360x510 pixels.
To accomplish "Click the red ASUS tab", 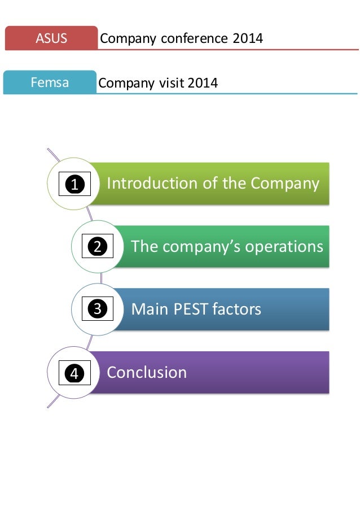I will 51,38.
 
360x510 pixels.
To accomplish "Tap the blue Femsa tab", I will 50,83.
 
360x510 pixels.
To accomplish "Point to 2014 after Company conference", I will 248,38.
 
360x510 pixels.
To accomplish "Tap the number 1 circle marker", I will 74,184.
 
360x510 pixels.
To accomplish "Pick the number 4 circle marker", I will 74,373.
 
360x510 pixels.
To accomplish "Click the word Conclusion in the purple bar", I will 147,372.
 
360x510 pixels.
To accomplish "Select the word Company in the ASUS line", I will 127,38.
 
